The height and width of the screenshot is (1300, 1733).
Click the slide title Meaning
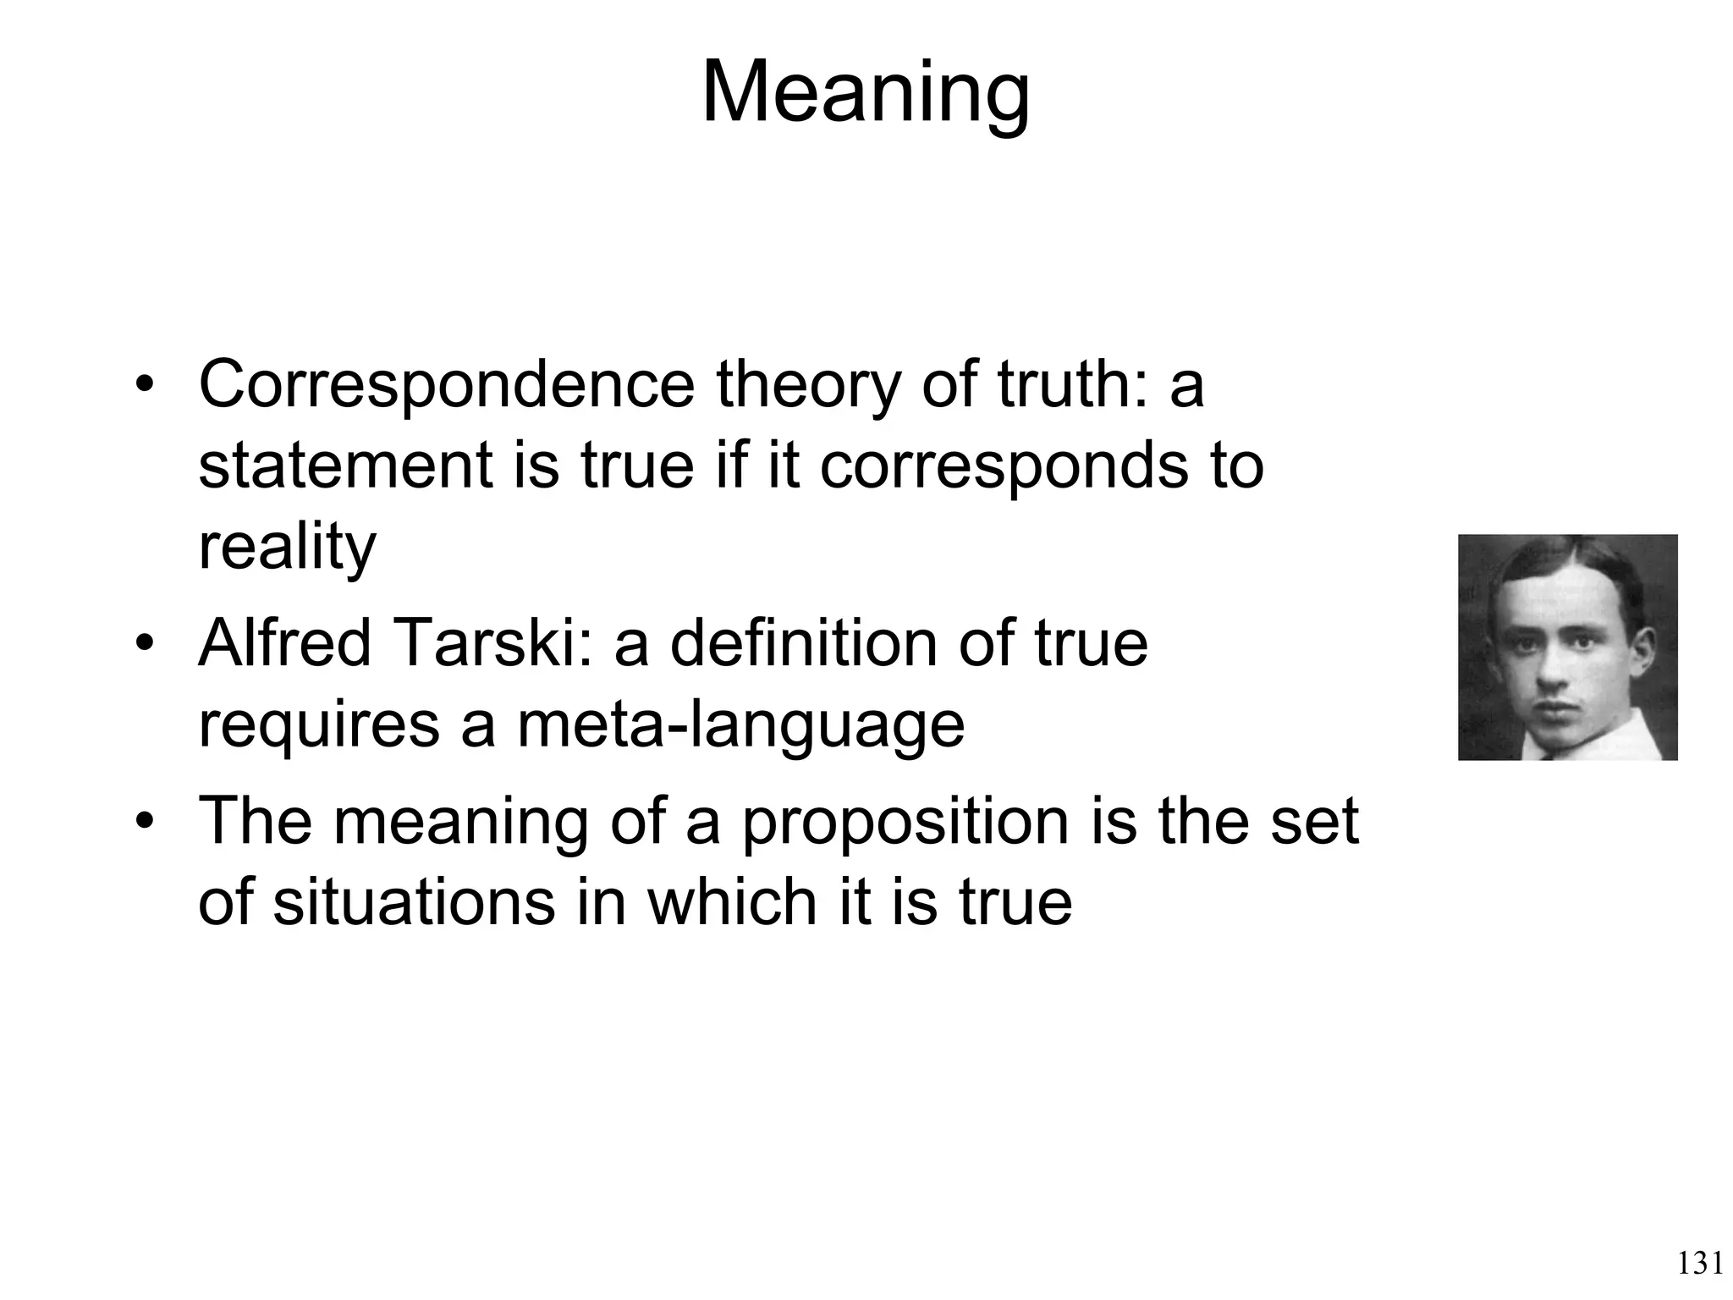click(866, 93)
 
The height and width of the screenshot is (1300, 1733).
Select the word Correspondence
click(446, 385)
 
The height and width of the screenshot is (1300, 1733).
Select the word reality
click(287, 547)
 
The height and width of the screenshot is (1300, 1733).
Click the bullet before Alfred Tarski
click(146, 645)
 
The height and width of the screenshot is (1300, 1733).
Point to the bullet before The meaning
click(146, 823)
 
